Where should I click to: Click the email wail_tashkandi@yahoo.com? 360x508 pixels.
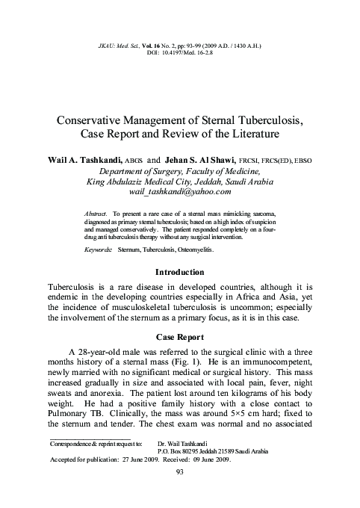(x=179, y=191)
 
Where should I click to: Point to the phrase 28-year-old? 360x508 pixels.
(x=105, y=351)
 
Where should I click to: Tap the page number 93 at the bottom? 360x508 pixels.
(x=179, y=493)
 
